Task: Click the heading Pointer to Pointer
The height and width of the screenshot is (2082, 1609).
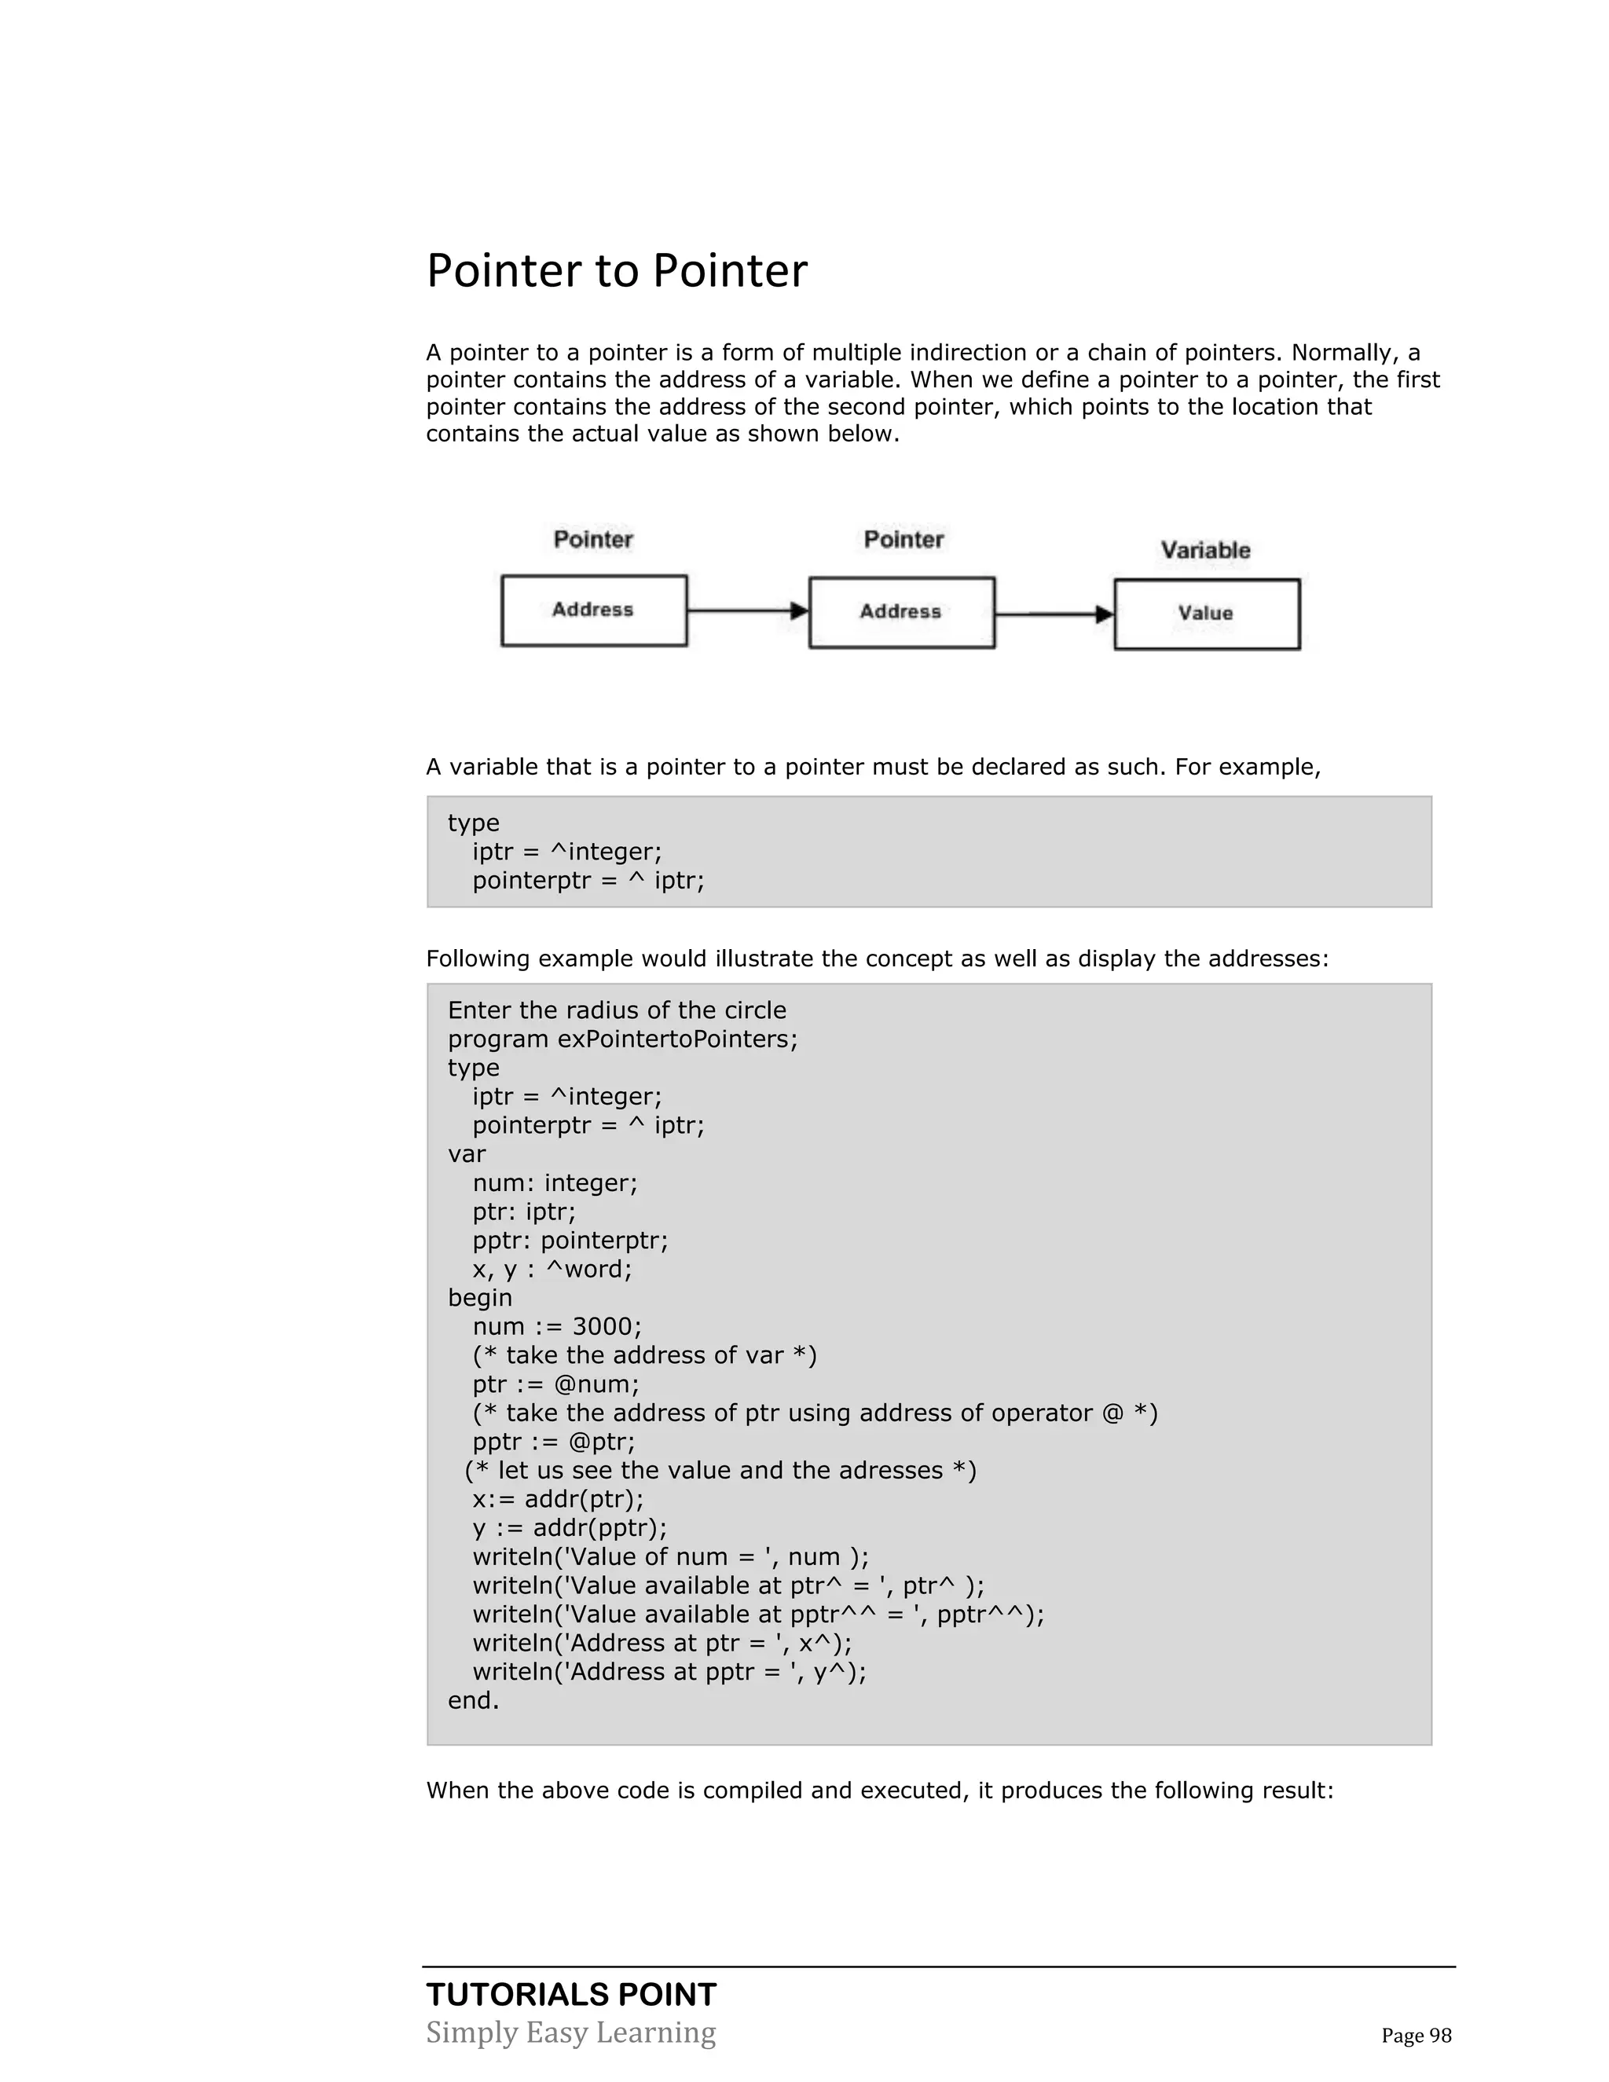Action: [x=616, y=271]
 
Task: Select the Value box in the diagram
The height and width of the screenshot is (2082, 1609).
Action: [x=1206, y=614]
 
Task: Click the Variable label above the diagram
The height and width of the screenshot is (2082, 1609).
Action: [x=1205, y=550]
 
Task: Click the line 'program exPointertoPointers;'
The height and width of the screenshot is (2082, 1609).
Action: [x=622, y=1039]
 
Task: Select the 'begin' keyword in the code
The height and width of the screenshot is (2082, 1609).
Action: [x=479, y=1299]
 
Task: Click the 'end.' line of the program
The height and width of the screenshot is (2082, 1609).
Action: [x=474, y=1701]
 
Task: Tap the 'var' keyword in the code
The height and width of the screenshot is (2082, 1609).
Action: [x=467, y=1154]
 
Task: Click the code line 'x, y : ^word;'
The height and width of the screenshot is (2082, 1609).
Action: [x=552, y=1270]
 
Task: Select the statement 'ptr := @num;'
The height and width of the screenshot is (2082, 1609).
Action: [x=555, y=1384]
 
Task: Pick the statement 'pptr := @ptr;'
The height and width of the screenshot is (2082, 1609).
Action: [x=554, y=1442]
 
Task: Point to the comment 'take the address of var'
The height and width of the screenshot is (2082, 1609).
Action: [x=644, y=1355]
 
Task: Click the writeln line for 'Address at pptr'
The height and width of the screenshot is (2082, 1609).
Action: [x=669, y=1672]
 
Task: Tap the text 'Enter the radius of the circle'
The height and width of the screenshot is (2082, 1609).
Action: [x=617, y=1010]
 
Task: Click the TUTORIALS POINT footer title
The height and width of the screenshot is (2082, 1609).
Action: [x=571, y=1994]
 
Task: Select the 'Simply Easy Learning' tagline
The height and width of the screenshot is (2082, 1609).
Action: [x=571, y=2033]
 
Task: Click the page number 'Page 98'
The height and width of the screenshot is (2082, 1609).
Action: [x=1417, y=2036]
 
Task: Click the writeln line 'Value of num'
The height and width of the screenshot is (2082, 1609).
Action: [x=670, y=1556]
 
